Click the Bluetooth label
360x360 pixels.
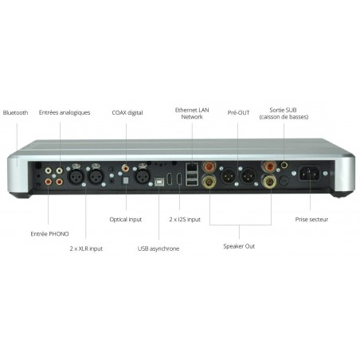[15, 112]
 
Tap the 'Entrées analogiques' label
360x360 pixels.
[65, 112]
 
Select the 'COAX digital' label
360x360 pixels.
[127, 112]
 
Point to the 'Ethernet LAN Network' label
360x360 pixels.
[192, 113]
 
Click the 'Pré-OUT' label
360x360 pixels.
[238, 112]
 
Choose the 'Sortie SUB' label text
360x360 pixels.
[283, 110]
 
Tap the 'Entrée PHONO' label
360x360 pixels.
[49, 234]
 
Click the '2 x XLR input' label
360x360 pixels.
[86, 248]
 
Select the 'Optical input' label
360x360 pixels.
[126, 220]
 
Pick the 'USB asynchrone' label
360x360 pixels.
[158, 248]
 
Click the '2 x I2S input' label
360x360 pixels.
[185, 220]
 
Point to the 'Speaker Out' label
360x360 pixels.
[239, 246]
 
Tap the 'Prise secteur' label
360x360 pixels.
[311, 220]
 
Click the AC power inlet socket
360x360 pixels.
[309, 174]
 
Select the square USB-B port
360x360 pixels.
[159, 182]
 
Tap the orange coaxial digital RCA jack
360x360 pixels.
[125, 168]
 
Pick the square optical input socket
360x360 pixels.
[126, 181]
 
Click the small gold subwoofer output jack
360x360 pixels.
[284, 165]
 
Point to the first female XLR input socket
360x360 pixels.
[76, 176]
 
